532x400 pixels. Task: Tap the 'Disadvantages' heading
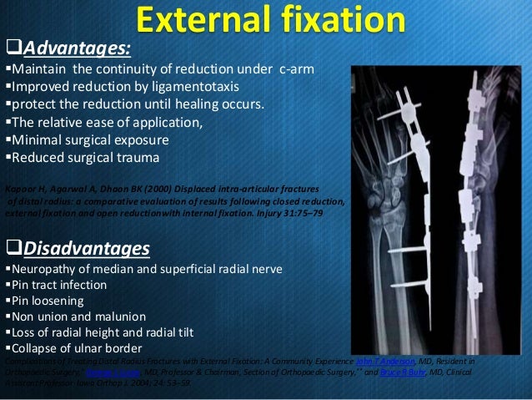(x=86, y=249)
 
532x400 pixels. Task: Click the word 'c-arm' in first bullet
(x=295, y=69)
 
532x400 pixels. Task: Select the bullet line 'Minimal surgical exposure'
(x=92, y=139)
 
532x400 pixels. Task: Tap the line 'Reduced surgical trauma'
(x=86, y=156)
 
